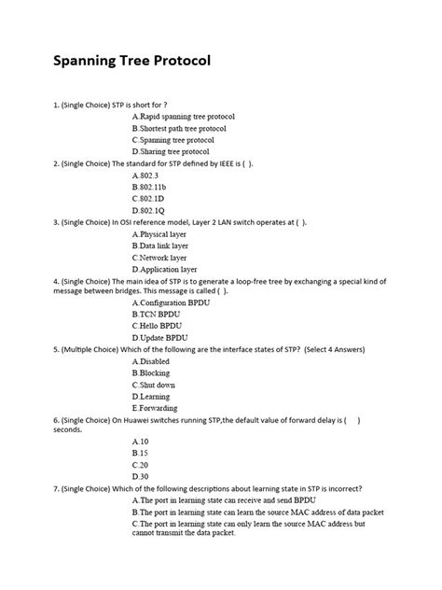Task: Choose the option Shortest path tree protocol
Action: coord(180,128)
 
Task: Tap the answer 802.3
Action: coord(147,175)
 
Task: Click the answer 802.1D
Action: coord(149,198)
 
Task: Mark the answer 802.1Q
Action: coord(149,210)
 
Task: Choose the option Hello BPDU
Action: coord(159,327)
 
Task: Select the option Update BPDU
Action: coord(160,338)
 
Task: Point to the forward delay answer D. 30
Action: coord(142,476)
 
